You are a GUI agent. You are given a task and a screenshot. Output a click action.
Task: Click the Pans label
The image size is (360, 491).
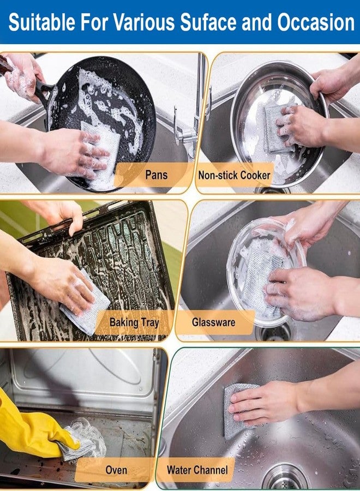pos(155,175)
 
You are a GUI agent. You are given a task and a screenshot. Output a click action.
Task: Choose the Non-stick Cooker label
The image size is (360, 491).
pos(234,175)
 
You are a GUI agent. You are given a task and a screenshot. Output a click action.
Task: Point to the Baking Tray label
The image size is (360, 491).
pos(134,322)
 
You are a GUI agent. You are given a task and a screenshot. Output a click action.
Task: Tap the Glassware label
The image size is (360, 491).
pos(213,322)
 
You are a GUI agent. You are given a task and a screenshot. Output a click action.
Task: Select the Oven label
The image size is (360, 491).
pos(116,469)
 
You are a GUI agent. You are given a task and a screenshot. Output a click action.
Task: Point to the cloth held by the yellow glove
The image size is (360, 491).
pos(82,439)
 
